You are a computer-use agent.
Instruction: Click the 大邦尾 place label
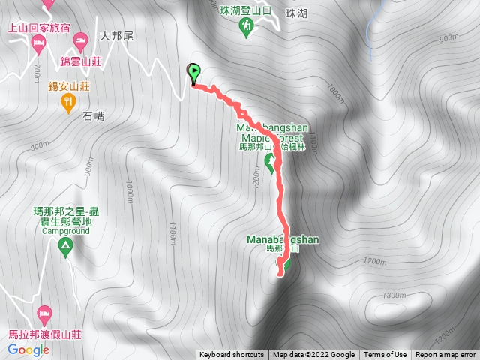click(x=115, y=34)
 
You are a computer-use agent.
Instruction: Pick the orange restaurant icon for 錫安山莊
click(x=68, y=101)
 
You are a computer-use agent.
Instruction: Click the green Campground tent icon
click(x=65, y=245)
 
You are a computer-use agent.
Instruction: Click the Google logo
click(x=28, y=349)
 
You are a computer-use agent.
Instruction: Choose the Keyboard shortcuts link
click(x=232, y=355)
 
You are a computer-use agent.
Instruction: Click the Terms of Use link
click(x=385, y=355)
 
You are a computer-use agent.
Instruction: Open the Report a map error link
click(x=445, y=355)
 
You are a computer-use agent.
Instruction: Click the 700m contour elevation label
click(x=36, y=71)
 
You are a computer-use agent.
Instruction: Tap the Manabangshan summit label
click(x=283, y=240)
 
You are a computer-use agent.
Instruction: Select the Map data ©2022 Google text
click(x=313, y=355)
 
